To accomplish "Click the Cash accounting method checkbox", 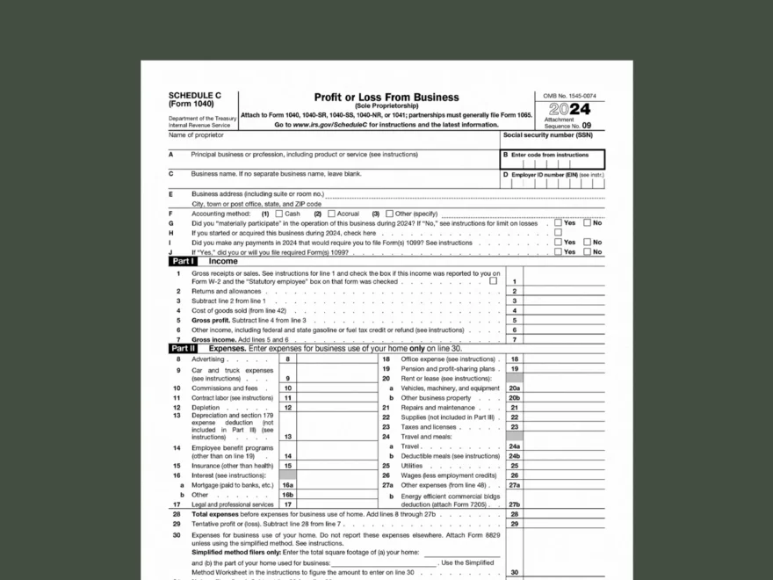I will click(x=279, y=214).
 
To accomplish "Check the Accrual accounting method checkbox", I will click(x=331, y=214).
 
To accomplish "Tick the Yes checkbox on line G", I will click(x=558, y=223).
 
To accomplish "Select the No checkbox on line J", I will click(x=588, y=252).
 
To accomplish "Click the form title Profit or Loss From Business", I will click(x=386, y=98).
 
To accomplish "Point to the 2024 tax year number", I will click(x=569, y=111).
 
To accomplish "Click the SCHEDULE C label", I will click(x=195, y=95).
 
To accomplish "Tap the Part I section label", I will click(x=183, y=262).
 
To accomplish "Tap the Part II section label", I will click(x=184, y=349).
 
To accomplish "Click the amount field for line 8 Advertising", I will click(x=336, y=359).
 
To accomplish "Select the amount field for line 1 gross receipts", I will click(x=564, y=282).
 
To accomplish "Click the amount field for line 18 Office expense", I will click(x=564, y=359).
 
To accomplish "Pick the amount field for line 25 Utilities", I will click(x=564, y=466).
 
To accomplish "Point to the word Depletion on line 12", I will click(x=206, y=408).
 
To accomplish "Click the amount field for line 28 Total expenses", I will click(x=564, y=514).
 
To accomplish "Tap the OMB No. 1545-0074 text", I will click(x=569, y=96).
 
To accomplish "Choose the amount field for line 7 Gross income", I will click(x=564, y=340).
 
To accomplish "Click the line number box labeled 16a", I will click(x=287, y=485).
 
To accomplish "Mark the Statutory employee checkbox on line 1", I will click(x=493, y=282).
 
